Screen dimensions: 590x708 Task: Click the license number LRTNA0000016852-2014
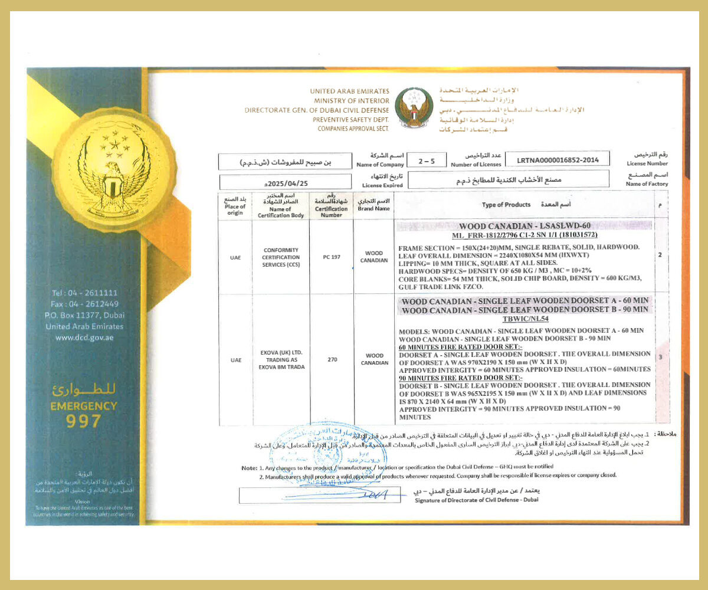pyautogui.click(x=558, y=159)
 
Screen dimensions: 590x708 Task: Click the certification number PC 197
pyautogui.click(x=331, y=257)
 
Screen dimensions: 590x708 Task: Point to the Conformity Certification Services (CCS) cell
pyautogui.click(x=280, y=257)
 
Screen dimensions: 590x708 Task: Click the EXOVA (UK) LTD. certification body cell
pyautogui.click(x=280, y=359)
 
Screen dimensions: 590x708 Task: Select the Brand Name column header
pyautogui.click(x=373, y=205)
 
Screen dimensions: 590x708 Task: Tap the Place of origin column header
pyautogui.click(x=235, y=205)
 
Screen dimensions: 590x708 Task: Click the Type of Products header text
pyautogui.click(x=506, y=205)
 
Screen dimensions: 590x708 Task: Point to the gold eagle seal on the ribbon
pyautogui.click(x=113, y=170)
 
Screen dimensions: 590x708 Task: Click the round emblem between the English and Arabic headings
pyautogui.click(x=414, y=107)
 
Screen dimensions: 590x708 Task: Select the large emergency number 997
pyautogui.click(x=84, y=421)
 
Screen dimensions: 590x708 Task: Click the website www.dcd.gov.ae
pyautogui.click(x=84, y=337)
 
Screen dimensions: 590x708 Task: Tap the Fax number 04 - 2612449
pyautogui.click(x=84, y=304)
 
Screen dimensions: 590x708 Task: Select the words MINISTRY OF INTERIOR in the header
pyautogui.click(x=352, y=101)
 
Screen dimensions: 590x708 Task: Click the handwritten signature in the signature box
pyautogui.click(x=366, y=494)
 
